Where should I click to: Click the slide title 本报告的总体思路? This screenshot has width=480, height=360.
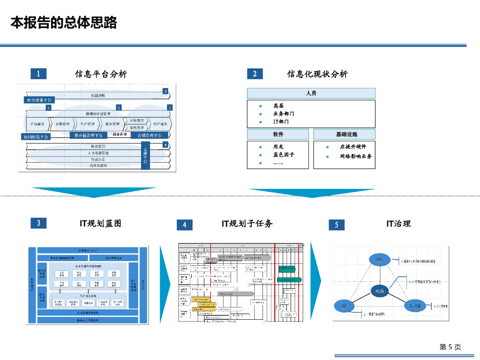(x=64, y=22)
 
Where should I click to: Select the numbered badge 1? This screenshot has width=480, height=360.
(x=38, y=74)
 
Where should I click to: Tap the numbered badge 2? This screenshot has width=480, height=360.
(x=255, y=74)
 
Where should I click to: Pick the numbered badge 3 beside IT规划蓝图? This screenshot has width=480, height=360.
(x=38, y=223)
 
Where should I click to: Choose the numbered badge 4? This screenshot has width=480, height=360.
(x=185, y=225)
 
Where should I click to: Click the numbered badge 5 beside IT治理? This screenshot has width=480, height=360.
(x=336, y=225)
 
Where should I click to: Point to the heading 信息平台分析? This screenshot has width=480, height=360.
(x=101, y=74)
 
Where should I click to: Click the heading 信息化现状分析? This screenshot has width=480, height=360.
(x=317, y=74)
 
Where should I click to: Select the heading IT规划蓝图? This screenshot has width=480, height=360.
(x=100, y=224)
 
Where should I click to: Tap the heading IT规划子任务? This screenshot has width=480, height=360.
(x=247, y=224)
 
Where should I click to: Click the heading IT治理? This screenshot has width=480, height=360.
(x=398, y=224)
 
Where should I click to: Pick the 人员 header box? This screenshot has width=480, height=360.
(x=311, y=93)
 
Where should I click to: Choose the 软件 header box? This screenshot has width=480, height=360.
(x=278, y=135)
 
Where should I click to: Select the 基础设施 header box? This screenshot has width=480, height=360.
(x=345, y=135)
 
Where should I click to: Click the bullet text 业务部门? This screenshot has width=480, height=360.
(x=284, y=114)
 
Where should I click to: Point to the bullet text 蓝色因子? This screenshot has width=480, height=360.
(x=284, y=155)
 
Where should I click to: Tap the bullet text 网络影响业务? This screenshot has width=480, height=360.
(x=356, y=156)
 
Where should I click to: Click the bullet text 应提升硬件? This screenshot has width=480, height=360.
(x=353, y=147)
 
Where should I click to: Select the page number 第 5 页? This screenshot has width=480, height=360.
(x=450, y=347)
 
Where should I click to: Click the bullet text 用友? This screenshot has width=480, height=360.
(x=278, y=147)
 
